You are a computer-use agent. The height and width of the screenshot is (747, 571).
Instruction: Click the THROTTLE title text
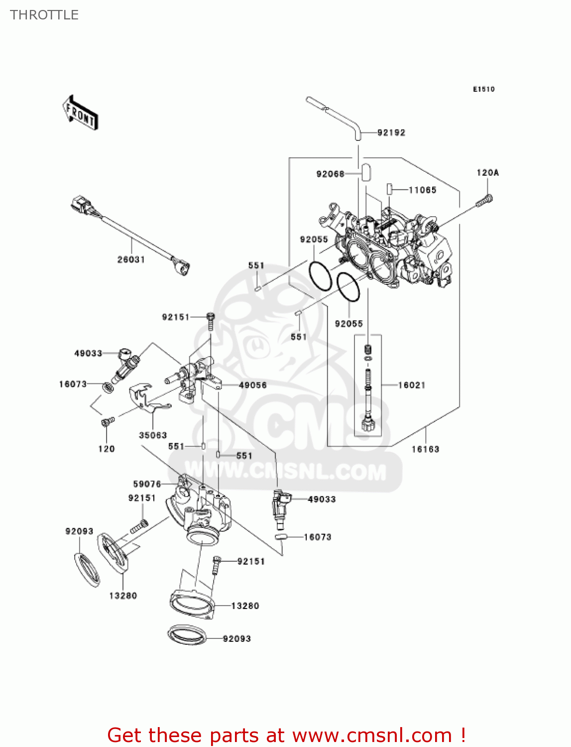tap(44, 15)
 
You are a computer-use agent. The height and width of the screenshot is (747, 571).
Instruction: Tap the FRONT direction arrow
tap(80, 113)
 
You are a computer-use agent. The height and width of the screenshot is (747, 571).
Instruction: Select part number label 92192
tap(391, 132)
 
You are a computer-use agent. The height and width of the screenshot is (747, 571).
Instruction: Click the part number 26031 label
tap(131, 259)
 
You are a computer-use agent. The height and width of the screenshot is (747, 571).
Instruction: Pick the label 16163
tap(425, 449)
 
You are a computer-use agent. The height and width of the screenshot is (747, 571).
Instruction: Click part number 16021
tap(412, 385)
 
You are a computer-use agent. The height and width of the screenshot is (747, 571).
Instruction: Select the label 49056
tap(253, 385)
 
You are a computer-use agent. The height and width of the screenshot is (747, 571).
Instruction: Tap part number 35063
tap(153, 435)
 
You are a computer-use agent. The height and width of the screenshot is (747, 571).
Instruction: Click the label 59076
tap(147, 484)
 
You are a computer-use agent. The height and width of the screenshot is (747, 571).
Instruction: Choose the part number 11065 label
tap(422, 190)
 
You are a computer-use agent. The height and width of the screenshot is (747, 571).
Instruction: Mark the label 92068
tap(330, 174)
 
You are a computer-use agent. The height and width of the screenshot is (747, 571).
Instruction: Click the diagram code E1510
tap(483, 89)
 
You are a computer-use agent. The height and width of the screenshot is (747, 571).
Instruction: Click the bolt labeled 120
tap(107, 422)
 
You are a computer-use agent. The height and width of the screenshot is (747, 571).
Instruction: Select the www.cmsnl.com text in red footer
tap(372, 736)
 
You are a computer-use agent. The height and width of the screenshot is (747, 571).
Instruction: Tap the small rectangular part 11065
tap(390, 189)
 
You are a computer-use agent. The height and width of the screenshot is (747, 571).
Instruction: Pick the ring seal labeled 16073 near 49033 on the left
tap(107, 387)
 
